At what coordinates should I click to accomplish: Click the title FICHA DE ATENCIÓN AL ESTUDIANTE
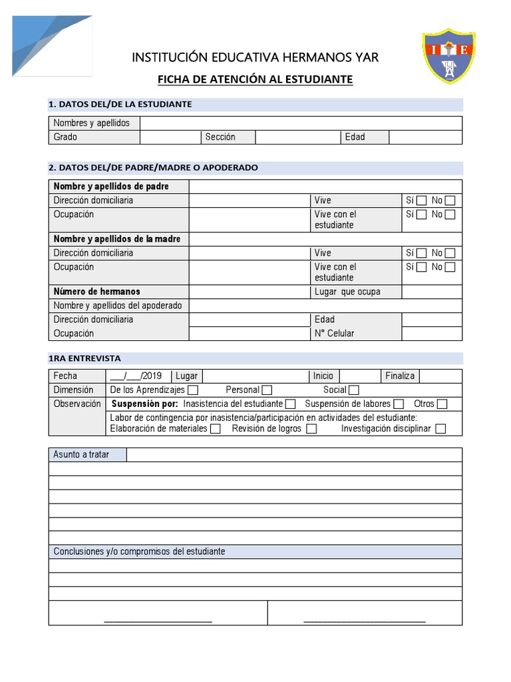(255, 80)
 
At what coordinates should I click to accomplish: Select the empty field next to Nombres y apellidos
(301, 123)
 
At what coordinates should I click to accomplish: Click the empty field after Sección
(297, 137)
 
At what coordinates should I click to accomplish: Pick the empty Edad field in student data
(425, 137)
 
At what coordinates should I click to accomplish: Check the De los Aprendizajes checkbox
(193, 390)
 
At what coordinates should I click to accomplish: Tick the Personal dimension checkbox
(267, 390)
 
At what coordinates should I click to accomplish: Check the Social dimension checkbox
(354, 390)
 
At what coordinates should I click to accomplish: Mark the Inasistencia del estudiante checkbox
(290, 404)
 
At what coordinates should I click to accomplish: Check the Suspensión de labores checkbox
(399, 404)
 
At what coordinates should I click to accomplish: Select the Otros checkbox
(442, 404)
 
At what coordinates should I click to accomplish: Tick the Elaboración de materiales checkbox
(215, 429)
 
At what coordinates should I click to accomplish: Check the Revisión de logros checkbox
(311, 429)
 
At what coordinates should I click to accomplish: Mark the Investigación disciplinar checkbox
(440, 429)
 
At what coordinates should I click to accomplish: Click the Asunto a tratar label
(81, 455)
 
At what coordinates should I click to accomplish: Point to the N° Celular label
(334, 334)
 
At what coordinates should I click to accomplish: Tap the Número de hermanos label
(97, 292)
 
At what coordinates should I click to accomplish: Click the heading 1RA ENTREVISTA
(85, 358)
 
